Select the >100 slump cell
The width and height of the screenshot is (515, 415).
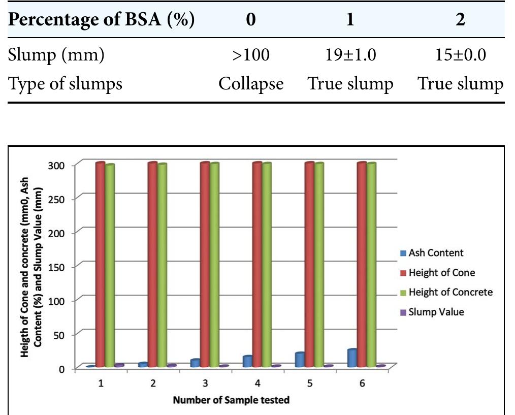point(251,54)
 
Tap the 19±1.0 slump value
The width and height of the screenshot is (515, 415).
point(350,54)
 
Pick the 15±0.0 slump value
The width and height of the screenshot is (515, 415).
point(460,54)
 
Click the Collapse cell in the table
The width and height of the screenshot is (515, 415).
point(251,83)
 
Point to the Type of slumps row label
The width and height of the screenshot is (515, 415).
point(65,83)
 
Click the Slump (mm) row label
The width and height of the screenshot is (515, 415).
point(56,54)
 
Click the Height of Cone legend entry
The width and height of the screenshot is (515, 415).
point(441,272)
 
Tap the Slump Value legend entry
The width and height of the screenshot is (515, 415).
point(436,312)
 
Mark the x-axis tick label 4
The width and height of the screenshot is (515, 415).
point(257,384)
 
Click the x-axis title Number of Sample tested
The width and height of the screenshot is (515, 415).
point(231,400)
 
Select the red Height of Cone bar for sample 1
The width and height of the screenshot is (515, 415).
point(100,264)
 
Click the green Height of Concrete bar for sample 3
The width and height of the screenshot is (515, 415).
point(214,264)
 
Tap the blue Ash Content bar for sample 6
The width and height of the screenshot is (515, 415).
point(352,358)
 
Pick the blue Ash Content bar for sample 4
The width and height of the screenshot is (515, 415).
point(247,361)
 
